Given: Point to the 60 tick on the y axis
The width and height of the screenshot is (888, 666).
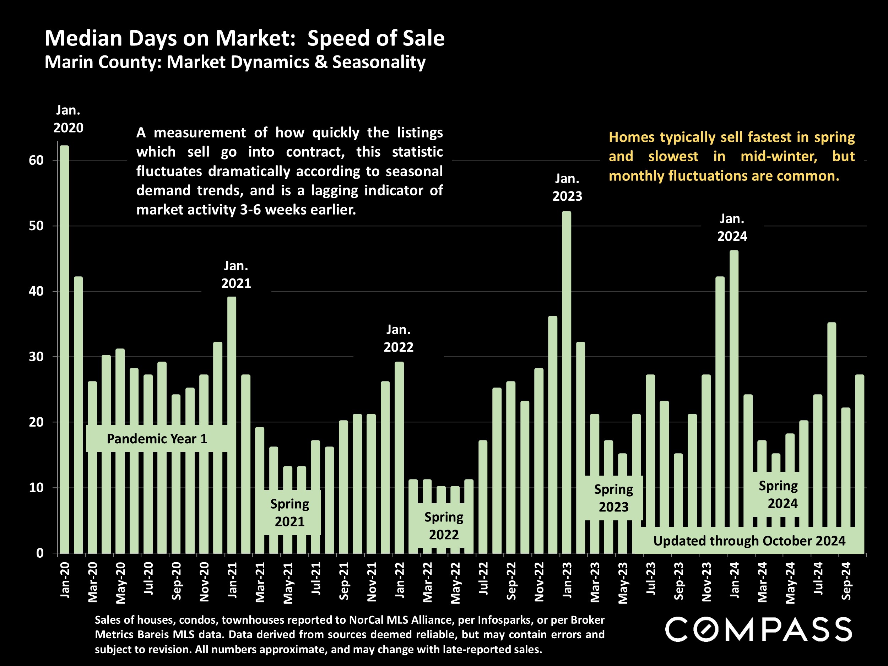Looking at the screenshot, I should (36, 161).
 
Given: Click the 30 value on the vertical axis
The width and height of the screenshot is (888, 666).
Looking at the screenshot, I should (36, 357).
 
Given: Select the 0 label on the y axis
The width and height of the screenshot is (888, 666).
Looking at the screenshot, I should (40, 553).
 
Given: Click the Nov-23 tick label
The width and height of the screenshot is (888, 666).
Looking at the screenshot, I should (706, 582).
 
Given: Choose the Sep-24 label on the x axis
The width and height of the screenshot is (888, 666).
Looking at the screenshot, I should (846, 581).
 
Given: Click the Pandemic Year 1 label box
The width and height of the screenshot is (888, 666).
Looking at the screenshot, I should (157, 439).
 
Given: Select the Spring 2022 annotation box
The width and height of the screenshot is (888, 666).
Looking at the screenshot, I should (444, 526).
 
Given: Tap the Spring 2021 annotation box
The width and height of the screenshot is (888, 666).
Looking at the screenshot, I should (289, 513).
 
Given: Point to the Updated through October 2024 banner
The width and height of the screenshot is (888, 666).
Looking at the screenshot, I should (749, 541).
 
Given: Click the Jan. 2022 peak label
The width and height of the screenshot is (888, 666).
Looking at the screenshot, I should (398, 339).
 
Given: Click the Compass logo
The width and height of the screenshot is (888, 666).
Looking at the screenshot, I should (758, 629).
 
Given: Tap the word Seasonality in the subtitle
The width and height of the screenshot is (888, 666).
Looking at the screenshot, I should (379, 62).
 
